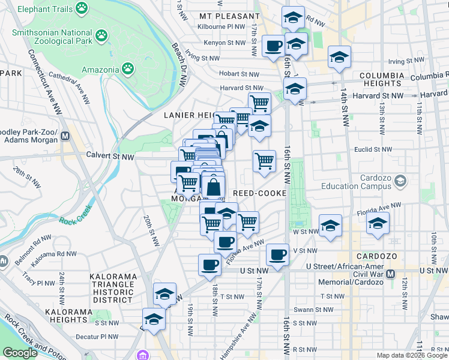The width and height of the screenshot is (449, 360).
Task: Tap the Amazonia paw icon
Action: coord(128,69)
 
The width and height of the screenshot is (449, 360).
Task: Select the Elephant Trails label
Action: coord(45,10)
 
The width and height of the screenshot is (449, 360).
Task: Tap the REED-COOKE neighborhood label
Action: coord(259,193)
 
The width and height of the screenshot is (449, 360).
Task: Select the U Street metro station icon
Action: coord(390,274)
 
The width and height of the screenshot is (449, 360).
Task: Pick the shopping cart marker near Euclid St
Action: coord(264,160)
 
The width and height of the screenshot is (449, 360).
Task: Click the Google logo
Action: coord(20,353)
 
